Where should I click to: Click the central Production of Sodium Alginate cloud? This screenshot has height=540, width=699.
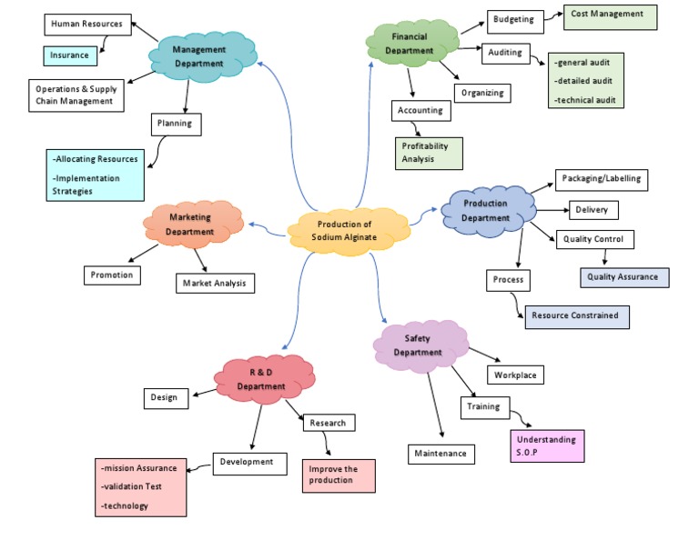point(345,231)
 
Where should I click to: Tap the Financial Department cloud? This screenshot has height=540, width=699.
point(410,44)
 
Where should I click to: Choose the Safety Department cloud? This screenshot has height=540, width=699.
point(418,345)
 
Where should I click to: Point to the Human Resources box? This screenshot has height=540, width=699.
point(86,24)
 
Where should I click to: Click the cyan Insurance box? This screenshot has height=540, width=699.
point(70,55)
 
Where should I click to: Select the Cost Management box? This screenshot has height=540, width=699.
point(607,15)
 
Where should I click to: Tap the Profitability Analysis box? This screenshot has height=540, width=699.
point(428,153)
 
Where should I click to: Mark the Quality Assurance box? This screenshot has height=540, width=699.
point(624,276)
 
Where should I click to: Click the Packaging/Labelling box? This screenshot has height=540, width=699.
point(602,178)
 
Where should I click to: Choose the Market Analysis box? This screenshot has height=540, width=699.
point(215,284)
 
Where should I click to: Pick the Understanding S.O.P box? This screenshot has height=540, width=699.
point(547,445)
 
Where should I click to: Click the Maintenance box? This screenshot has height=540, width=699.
point(441,453)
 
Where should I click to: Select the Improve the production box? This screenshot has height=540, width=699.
point(339,475)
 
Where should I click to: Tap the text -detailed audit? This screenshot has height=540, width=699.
point(588,81)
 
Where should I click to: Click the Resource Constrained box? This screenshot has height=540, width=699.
point(576,315)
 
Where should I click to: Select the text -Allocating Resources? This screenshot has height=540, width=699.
point(96,159)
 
